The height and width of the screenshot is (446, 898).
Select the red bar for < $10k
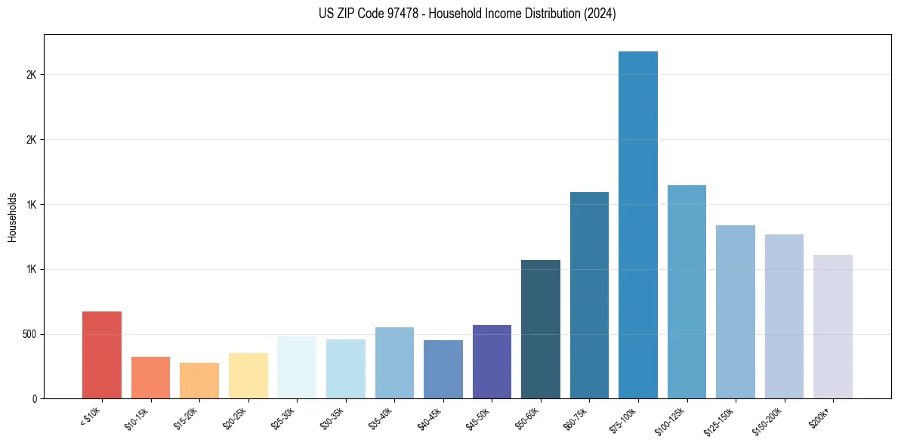coord(102,355)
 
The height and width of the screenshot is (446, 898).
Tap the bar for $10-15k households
coord(150,377)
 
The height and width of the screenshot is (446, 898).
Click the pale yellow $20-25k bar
coord(248,376)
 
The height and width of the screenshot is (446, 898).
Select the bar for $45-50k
coord(492,361)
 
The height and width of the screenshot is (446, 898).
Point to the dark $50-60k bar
coord(541,329)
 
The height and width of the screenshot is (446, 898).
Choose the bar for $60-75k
coord(589,295)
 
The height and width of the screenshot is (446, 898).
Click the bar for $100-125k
coord(687,292)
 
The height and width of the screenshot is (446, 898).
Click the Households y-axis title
coord(12,217)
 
